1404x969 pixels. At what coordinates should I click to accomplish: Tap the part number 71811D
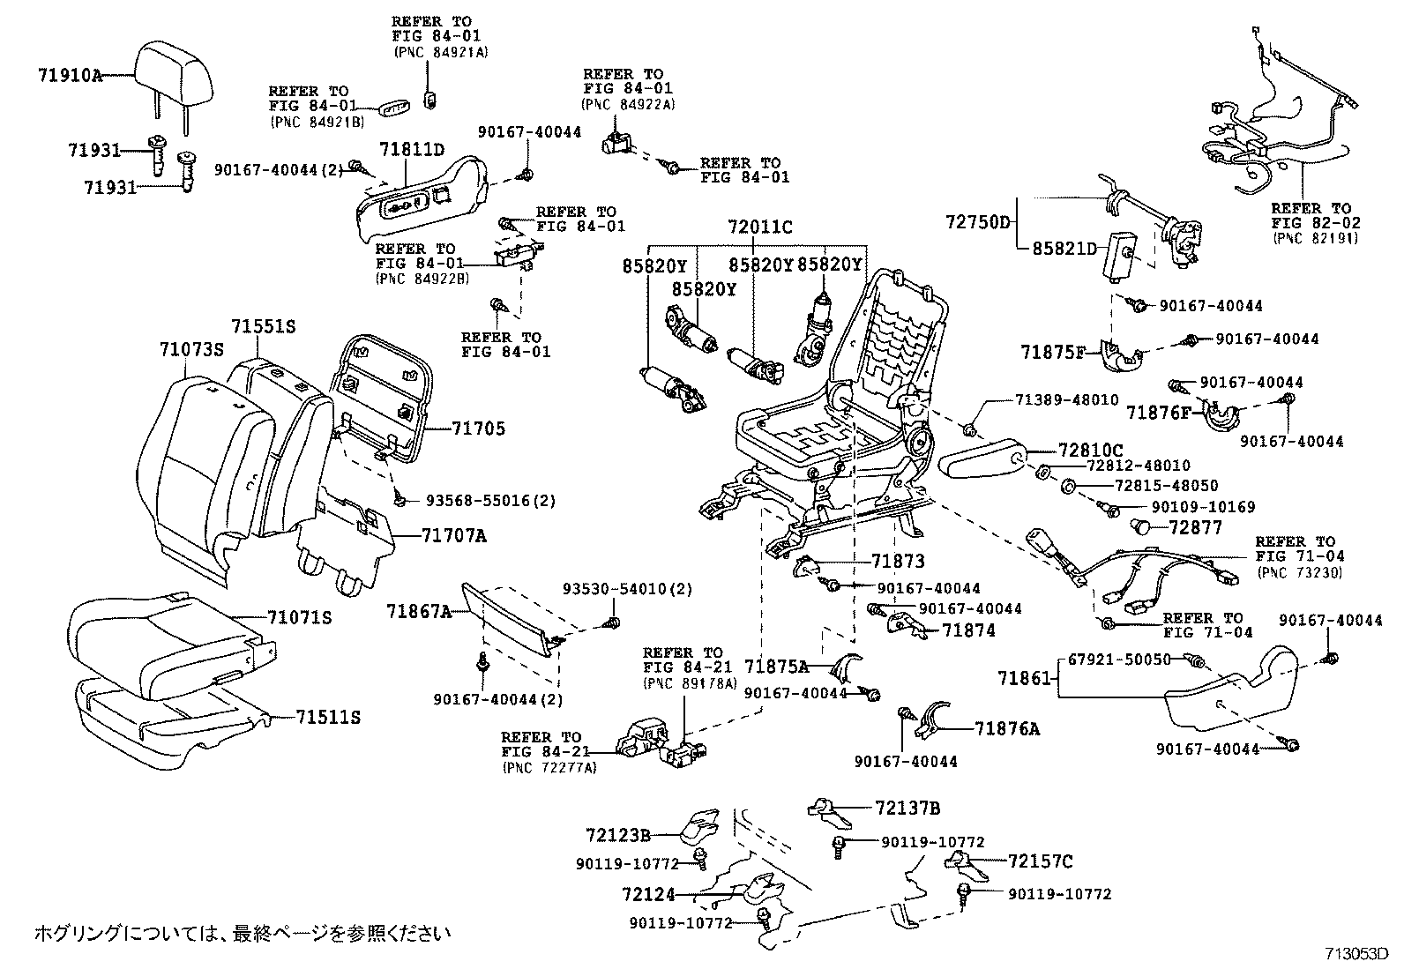[412, 149]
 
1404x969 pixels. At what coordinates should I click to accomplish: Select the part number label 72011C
[759, 227]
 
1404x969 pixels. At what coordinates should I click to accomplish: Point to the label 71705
[479, 429]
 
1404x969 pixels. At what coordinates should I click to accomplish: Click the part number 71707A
[453, 536]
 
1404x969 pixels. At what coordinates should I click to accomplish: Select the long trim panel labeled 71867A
[512, 617]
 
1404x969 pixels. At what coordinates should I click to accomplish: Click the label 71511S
[328, 718]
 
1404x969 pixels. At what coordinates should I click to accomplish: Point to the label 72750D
[978, 222]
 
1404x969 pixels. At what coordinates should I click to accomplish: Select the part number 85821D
[1064, 249]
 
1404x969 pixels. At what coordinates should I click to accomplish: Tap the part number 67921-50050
[1119, 660]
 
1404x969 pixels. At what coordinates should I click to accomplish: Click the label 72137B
[907, 808]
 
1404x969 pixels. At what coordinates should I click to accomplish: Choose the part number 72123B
[618, 834]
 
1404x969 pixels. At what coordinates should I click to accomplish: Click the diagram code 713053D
[1356, 954]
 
